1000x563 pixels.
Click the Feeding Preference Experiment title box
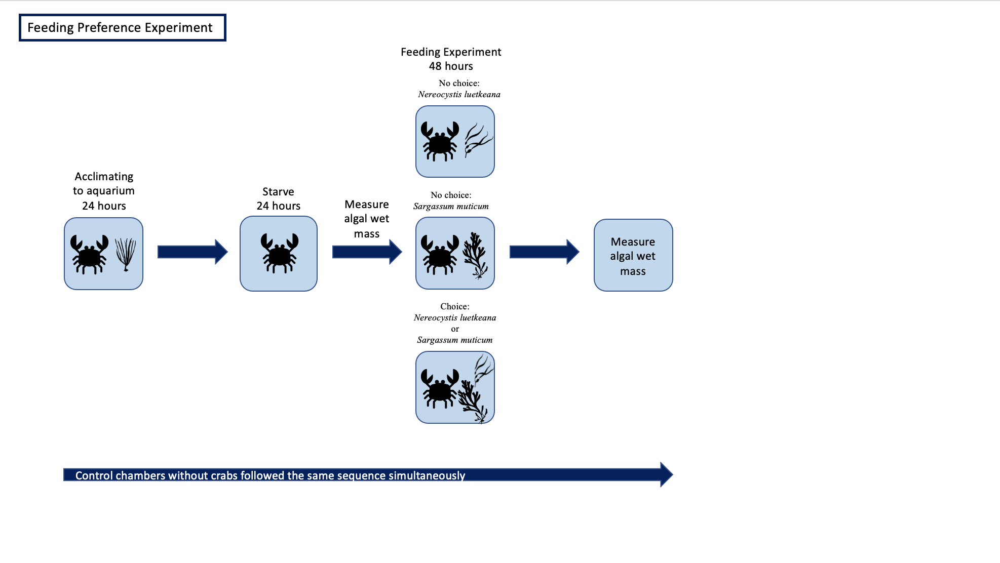click(122, 28)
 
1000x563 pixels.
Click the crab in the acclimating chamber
click(89, 254)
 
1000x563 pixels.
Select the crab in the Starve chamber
click(279, 253)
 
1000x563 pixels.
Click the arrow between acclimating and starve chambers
click(193, 252)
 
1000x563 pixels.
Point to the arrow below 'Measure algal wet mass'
click(367, 252)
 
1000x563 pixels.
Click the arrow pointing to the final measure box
click(544, 252)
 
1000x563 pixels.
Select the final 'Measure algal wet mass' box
click(633, 256)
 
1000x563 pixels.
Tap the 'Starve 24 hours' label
click(278, 198)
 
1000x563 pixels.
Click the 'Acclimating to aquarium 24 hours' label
click(104, 191)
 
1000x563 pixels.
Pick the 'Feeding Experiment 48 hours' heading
click(451, 59)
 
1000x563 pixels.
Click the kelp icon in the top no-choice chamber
click(477, 140)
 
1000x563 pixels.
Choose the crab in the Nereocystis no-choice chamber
click(439, 141)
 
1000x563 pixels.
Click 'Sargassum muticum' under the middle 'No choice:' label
click(451, 207)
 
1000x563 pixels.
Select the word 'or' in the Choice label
click(455, 329)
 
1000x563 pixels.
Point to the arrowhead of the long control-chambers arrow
click(666, 474)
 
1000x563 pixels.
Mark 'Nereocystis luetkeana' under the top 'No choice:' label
click(459, 95)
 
